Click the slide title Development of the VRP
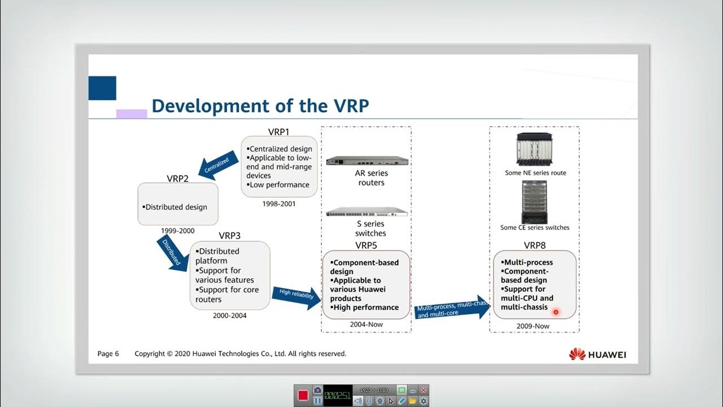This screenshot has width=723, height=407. pos(260,106)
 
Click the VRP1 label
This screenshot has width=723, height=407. pos(278,132)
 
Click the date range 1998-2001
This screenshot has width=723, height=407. pos(279,203)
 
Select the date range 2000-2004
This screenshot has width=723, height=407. pos(229,315)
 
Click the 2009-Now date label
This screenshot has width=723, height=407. pos(533,326)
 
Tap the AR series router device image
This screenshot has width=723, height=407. pos(367,160)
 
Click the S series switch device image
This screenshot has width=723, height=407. pos(367,212)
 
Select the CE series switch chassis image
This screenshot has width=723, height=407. pos(534,202)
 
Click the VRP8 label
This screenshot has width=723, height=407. pos(534,245)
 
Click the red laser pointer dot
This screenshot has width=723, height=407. pos(556,312)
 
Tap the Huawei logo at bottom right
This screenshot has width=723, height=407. pos(598,354)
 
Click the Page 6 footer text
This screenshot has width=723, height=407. pos(108,354)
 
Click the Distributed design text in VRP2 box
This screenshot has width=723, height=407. pos(175,207)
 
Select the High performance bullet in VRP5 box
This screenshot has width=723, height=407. pos(365,308)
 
